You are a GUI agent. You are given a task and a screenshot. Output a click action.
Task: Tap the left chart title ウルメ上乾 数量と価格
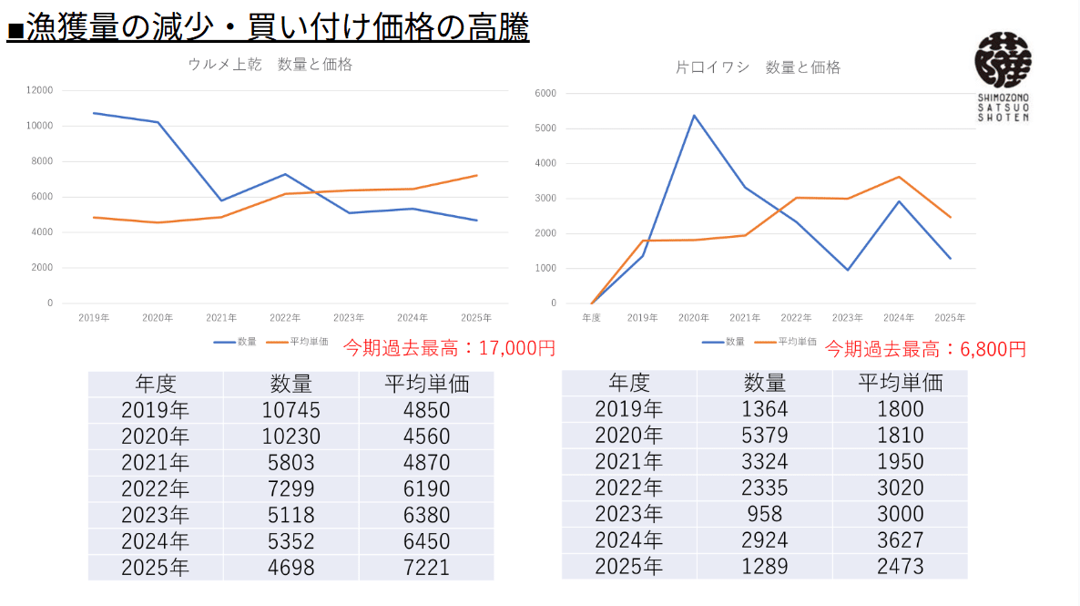tap(270, 65)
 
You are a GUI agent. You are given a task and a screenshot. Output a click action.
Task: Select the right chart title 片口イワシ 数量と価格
tap(758, 67)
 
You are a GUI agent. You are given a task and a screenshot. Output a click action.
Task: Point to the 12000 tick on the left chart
tap(40, 90)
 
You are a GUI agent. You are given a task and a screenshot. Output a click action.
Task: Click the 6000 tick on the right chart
tap(545, 93)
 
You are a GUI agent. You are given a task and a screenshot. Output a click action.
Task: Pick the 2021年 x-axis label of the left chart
tap(221, 318)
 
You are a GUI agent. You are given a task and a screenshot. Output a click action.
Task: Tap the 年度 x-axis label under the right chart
tap(592, 318)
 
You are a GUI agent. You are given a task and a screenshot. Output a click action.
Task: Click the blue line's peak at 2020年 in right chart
tap(694, 116)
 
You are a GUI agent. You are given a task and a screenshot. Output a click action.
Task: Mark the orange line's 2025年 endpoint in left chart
tap(476, 176)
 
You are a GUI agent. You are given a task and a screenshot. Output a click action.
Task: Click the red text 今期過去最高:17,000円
tap(449, 348)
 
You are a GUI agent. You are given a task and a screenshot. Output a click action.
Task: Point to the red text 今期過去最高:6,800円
tap(925, 349)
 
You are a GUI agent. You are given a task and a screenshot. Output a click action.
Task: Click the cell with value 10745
tap(291, 410)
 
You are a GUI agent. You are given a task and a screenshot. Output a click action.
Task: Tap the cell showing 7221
tap(426, 568)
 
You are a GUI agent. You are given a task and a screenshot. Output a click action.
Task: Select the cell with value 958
tap(765, 513)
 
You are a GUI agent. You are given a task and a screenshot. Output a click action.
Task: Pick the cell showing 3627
tap(900, 539)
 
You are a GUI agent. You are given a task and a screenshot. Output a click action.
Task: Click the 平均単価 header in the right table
tap(900, 383)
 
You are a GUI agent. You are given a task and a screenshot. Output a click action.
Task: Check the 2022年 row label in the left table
tap(156, 489)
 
